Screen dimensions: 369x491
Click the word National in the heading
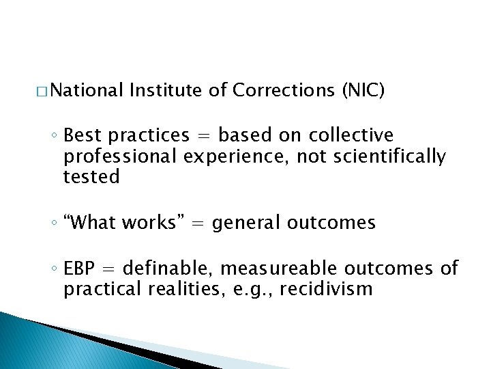click(86, 90)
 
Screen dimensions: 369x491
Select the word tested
click(91, 177)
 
